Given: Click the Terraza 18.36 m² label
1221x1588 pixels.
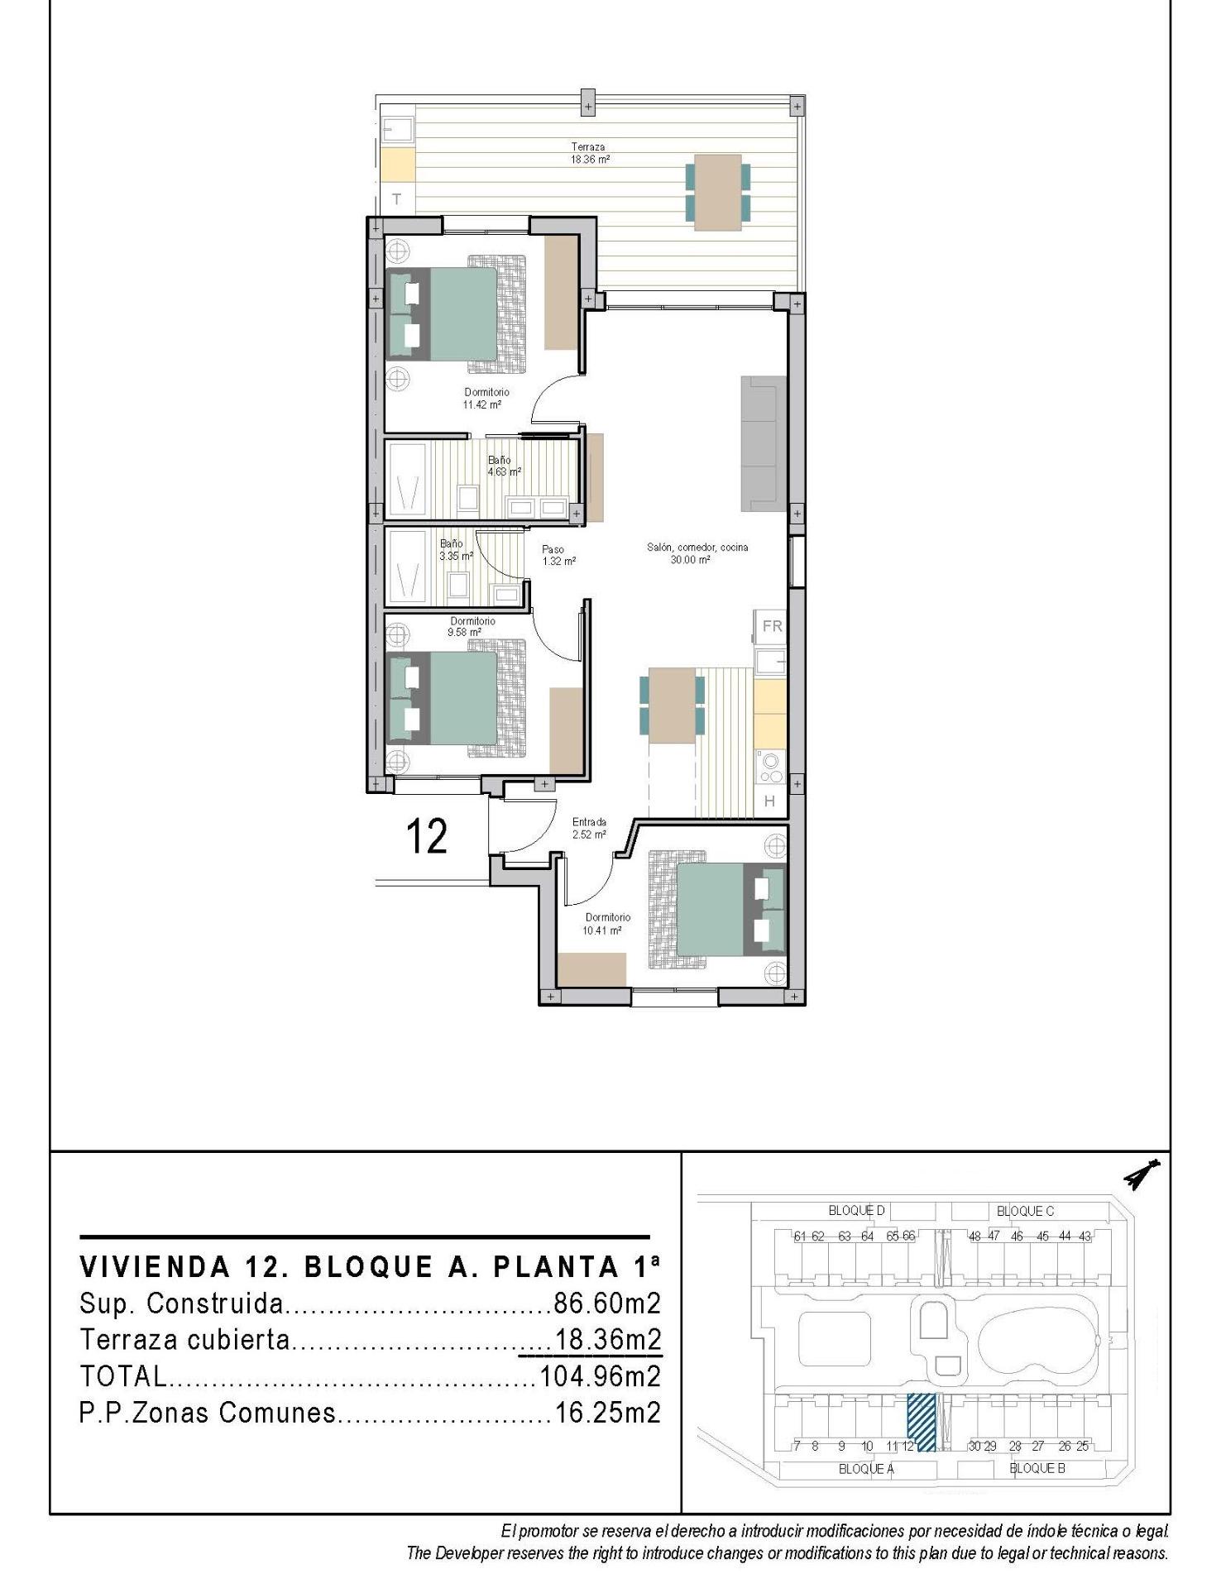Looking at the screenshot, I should point(587,153).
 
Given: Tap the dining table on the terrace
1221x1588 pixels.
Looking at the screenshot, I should point(717,192).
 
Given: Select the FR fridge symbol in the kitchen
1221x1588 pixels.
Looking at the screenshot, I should point(772,626).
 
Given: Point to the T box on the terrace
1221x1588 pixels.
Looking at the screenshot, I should point(397,199).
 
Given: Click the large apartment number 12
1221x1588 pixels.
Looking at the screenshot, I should point(427,836).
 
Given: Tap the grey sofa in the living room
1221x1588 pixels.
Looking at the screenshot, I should point(763,443).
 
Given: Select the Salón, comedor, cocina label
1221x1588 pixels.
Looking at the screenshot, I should point(697,553).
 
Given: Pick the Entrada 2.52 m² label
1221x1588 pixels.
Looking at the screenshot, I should point(589,828).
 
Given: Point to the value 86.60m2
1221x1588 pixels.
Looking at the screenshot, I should point(607,1303).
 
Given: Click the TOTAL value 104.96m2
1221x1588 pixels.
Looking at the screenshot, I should point(600,1376).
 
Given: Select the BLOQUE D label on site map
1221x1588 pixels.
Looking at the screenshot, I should point(856,1211).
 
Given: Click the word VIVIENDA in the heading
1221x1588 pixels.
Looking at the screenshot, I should point(154,1266).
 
